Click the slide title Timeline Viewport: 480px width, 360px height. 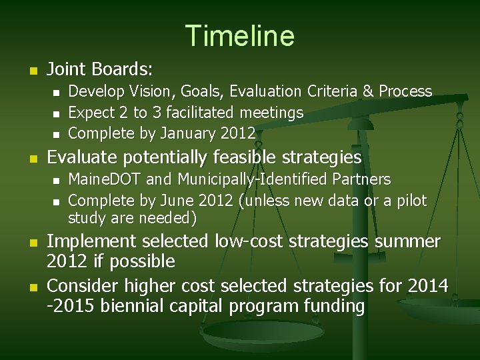[239, 35]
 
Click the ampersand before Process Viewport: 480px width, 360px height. [367, 91]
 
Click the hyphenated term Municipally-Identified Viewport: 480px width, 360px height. [260, 180]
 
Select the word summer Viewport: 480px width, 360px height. [407, 241]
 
